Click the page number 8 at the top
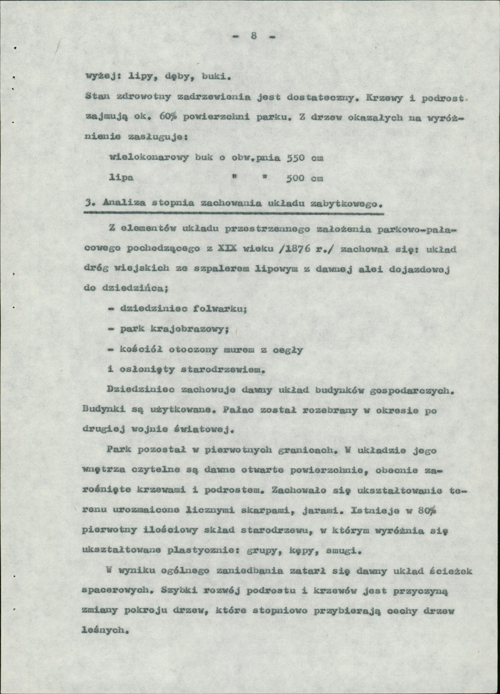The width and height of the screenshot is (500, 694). (253, 36)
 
